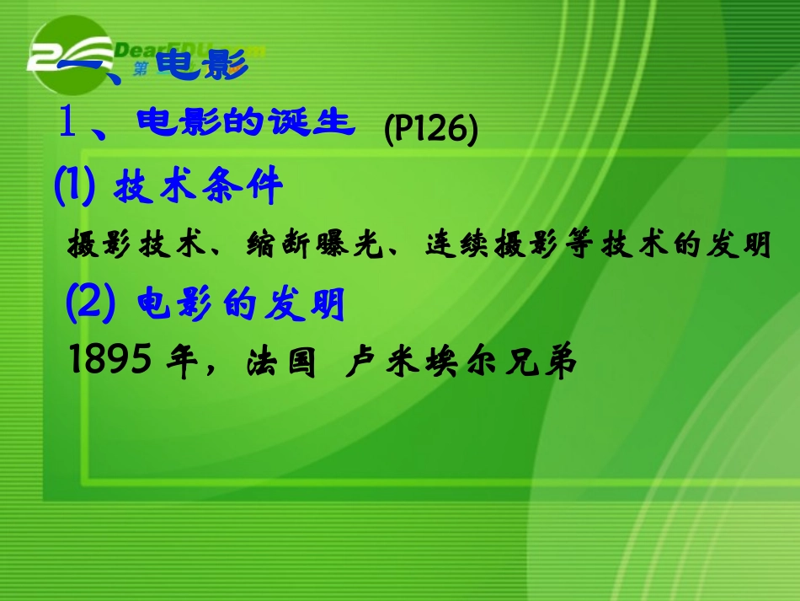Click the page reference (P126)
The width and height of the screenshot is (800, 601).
click(x=430, y=131)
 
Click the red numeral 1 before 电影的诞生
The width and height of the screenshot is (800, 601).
click(x=69, y=124)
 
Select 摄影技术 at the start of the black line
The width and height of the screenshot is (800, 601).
click(x=135, y=245)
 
